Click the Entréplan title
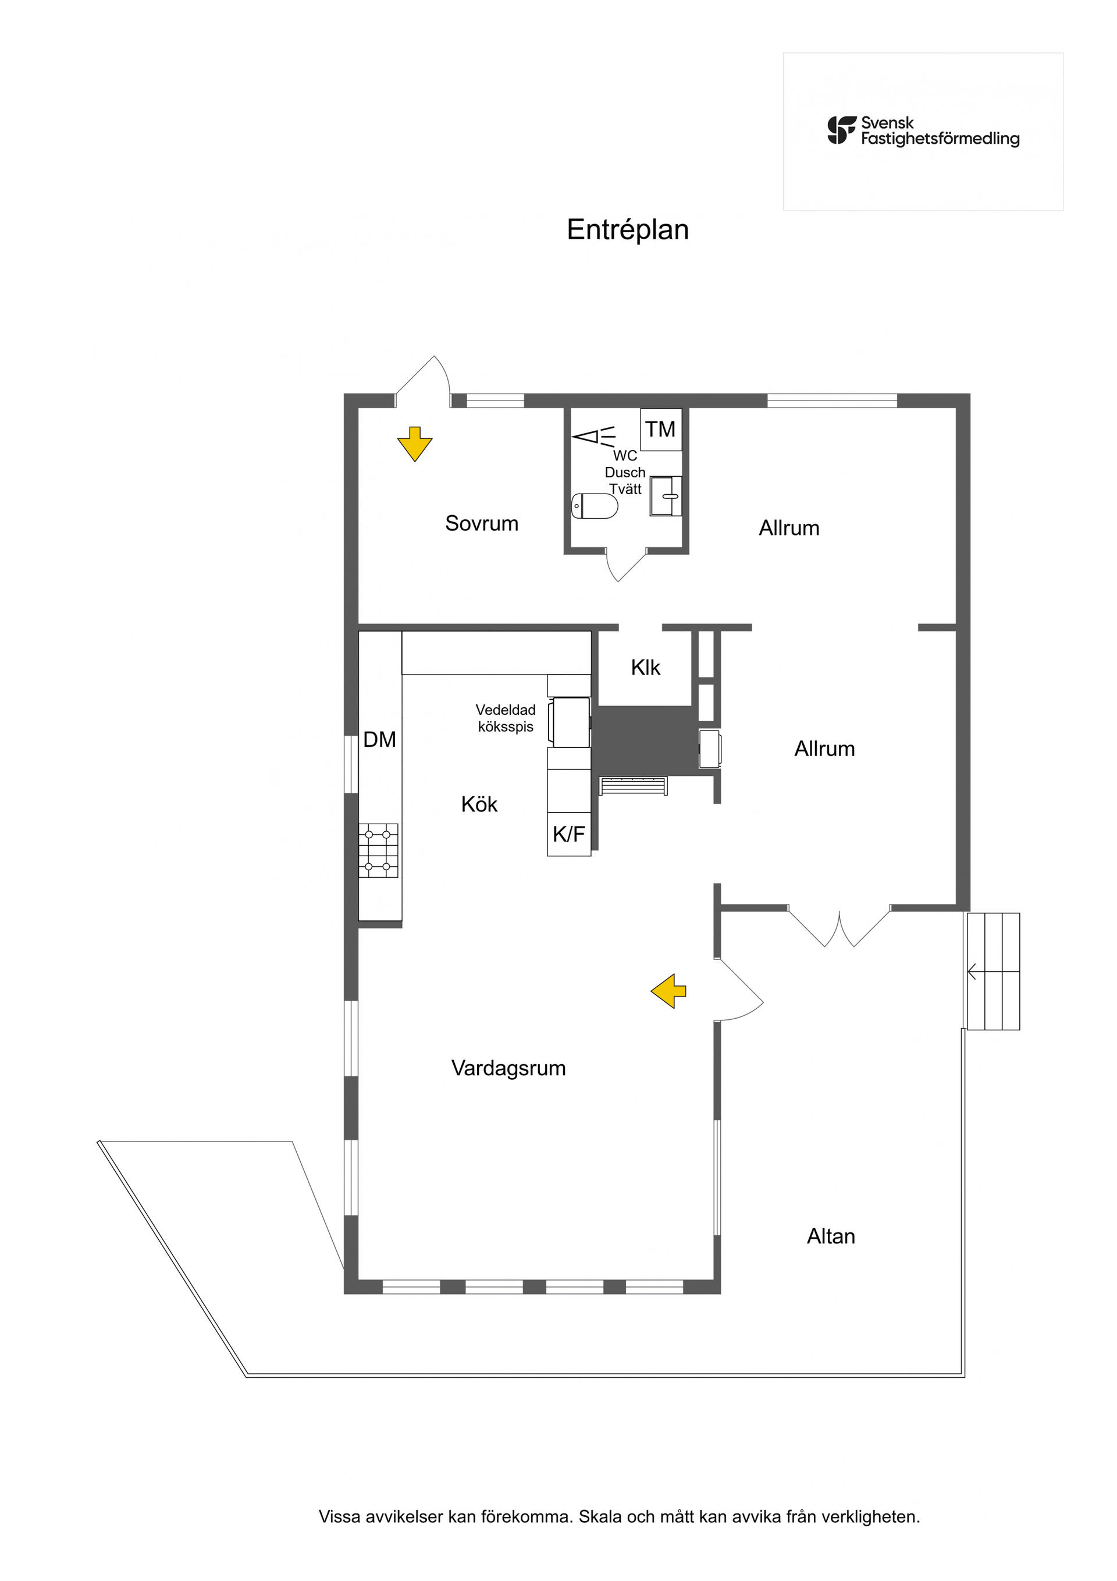coord(628,230)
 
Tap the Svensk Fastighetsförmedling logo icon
coord(842,130)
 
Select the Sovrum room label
coord(482,523)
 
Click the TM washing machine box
coord(661,429)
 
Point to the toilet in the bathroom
coord(595,506)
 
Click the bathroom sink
coord(666,495)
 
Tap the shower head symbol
coord(594,437)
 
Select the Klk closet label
coord(646,667)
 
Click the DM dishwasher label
coord(380,739)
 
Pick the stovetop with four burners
coord(378,850)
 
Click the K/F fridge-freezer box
coord(569,834)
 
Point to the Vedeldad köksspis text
coord(506,718)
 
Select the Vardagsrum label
coord(508,1068)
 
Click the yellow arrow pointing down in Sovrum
coord(415,444)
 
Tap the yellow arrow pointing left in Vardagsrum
coord(669,991)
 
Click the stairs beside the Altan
coord(993,972)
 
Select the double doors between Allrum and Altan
coord(839,927)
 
